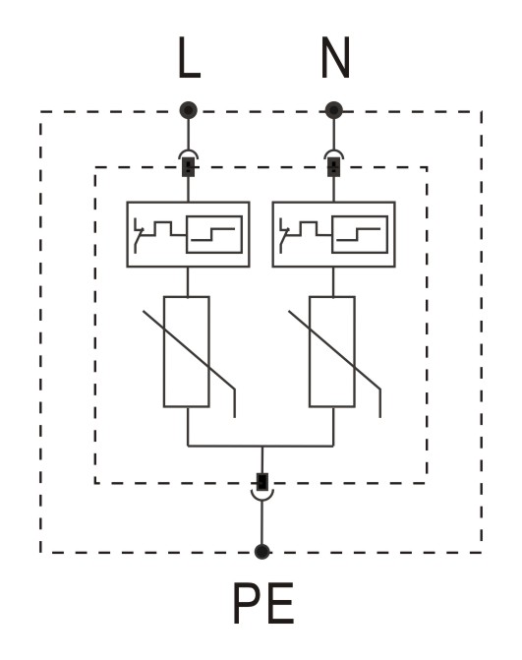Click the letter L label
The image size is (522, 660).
point(189,58)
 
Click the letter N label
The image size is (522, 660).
point(335,58)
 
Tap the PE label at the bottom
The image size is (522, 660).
point(263,603)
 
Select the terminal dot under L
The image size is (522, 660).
point(188,110)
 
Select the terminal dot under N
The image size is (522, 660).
point(334,110)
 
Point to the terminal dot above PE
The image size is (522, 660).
point(262,552)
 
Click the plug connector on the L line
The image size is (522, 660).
point(188,164)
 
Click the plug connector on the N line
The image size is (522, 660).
point(334,164)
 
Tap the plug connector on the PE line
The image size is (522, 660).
point(262,487)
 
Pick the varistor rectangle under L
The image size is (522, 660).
point(187,352)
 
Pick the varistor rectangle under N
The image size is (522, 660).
point(332,352)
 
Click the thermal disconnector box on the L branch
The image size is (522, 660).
point(188,234)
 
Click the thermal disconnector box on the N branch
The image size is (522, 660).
point(334,234)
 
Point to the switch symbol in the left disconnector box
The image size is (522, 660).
point(139,236)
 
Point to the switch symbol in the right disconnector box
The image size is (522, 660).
point(284,236)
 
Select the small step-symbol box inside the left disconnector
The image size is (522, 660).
point(214,234)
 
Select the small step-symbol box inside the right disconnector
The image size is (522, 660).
point(360,234)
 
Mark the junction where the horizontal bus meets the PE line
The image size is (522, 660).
point(262,446)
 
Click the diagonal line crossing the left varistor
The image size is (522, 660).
point(189,350)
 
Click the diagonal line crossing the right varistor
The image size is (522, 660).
point(334,350)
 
